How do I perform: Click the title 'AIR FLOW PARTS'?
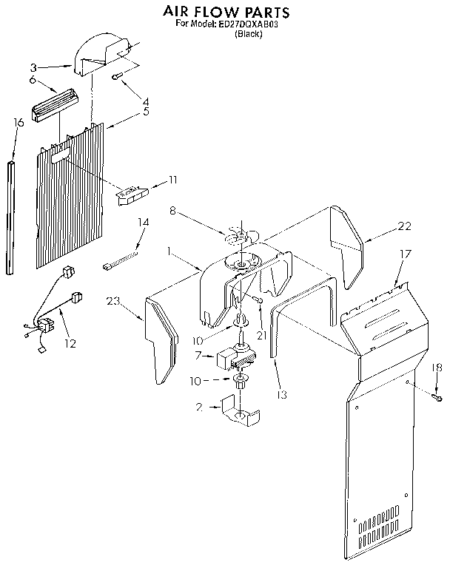click(226, 13)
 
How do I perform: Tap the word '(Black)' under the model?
click(248, 35)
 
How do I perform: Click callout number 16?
click(19, 122)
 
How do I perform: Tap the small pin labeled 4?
click(117, 76)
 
